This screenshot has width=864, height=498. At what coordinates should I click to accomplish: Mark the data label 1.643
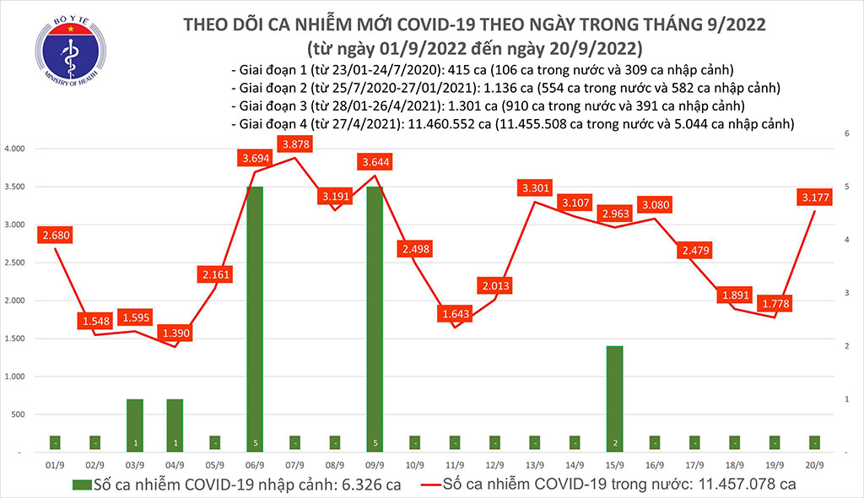(456, 314)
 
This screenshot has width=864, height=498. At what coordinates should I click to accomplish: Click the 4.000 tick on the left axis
(15, 149)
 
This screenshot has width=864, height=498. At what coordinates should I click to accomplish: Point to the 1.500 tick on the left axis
(15, 338)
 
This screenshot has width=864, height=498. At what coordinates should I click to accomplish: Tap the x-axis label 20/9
(816, 465)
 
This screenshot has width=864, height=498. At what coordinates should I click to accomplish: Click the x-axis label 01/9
(55, 465)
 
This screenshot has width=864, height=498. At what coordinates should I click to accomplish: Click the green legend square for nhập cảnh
(82, 484)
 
